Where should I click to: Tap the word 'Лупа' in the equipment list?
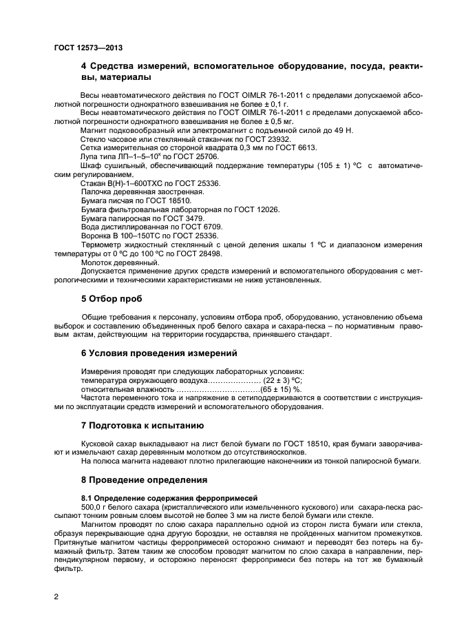pos(91,156)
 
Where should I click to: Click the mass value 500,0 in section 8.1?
pos(92,508)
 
